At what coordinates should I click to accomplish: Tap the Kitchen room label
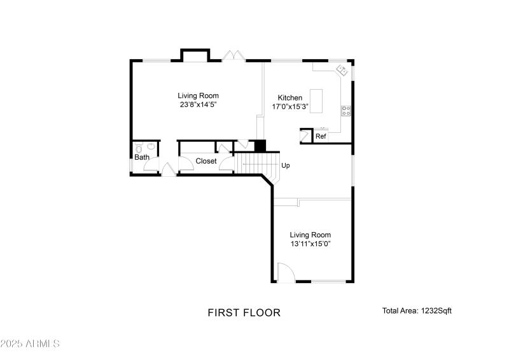[x=290, y=98]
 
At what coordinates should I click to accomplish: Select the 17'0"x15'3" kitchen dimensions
[x=290, y=107]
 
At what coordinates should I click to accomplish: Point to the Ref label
[x=321, y=137]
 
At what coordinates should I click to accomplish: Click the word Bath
[x=141, y=157]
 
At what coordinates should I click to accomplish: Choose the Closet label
[x=206, y=161]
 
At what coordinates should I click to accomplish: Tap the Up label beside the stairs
[x=286, y=165]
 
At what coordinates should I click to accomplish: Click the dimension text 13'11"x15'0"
[x=310, y=244]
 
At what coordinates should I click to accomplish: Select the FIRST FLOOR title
[x=244, y=312]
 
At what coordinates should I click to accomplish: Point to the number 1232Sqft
[x=436, y=311]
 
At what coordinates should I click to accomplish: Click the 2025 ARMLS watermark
[x=30, y=343]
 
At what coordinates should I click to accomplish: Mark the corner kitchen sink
[x=342, y=69]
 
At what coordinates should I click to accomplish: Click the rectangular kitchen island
[x=316, y=99]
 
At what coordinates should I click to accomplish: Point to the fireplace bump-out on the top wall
[x=195, y=55]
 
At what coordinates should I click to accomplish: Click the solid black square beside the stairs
[x=260, y=146]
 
